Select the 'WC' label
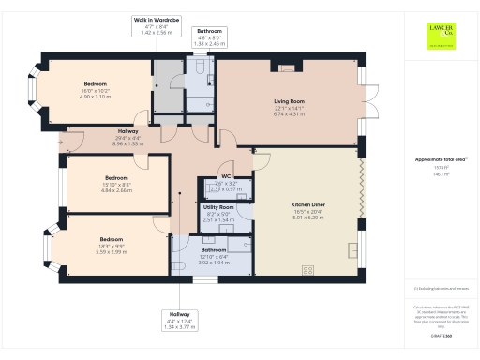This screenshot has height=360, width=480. (x=226, y=176)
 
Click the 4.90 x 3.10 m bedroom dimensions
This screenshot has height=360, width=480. (x=96, y=96)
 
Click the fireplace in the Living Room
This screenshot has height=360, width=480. (x=287, y=67)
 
